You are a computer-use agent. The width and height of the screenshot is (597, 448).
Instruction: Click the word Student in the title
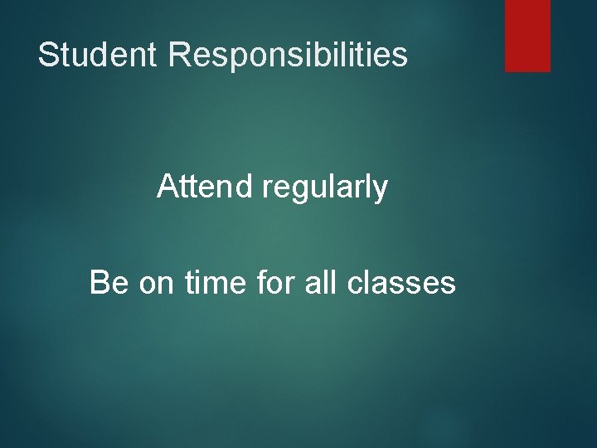pyautogui.click(x=99, y=56)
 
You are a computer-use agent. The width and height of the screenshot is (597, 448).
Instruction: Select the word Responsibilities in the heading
pyautogui.click(x=288, y=56)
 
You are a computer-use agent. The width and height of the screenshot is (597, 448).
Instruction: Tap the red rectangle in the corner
pyautogui.click(x=527, y=35)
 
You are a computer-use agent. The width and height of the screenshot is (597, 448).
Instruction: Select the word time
pyautogui.click(x=217, y=283)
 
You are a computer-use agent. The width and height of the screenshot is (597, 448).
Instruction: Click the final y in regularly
pyautogui.click(x=380, y=191)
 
